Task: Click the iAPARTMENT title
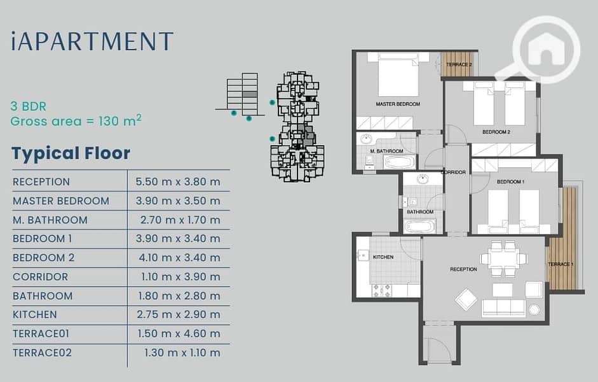pos(92,41)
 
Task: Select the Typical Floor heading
pos(71,153)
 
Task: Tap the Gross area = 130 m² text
pos(76,121)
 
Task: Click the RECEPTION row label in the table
pos(41,182)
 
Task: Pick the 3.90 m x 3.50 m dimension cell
pos(178,201)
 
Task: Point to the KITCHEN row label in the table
pos(35,315)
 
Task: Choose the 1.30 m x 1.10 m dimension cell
pos(182,353)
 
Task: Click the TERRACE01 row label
pos(41,334)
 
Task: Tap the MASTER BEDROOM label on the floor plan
pos(398,104)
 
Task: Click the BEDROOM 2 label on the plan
pos(496,132)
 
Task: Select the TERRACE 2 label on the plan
pos(459,64)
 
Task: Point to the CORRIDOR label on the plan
pos(453,173)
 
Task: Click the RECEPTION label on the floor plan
pos(463,269)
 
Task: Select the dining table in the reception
pos(503,258)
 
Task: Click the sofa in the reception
pos(503,308)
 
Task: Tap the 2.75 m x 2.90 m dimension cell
pos(179,315)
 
